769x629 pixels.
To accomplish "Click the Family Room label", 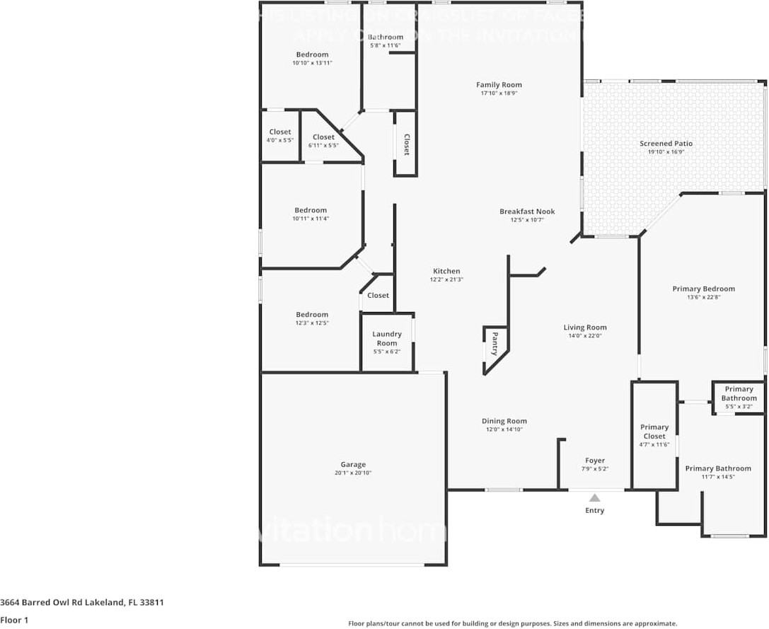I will pyautogui.click(x=499, y=85).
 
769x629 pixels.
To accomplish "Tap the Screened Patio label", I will pyautogui.click(x=666, y=144).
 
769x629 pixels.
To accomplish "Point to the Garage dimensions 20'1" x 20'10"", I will pyautogui.click(x=353, y=473).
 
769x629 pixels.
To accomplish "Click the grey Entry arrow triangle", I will pyautogui.click(x=595, y=497).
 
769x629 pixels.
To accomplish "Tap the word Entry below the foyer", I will pyautogui.click(x=595, y=511).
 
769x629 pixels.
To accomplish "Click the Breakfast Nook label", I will pyautogui.click(x=527, y=212).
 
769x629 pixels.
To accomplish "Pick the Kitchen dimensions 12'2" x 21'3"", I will pyautogui.click(x=446, y=279).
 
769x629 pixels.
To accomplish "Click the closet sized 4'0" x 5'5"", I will pyautogui.click(x=280, y=136).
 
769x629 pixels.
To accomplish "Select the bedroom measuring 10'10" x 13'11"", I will pyautogui.click(x=312, y=59).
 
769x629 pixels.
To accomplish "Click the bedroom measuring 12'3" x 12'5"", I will pyautogui.click(x=312, y=318).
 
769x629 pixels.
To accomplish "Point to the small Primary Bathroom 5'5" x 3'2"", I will pyautogui.click(x=739, y=398).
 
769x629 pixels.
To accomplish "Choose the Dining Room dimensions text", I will pyautogui.click(x=505, y=429).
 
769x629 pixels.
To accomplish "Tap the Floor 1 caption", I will pyautogui.click(x=14, y=620).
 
